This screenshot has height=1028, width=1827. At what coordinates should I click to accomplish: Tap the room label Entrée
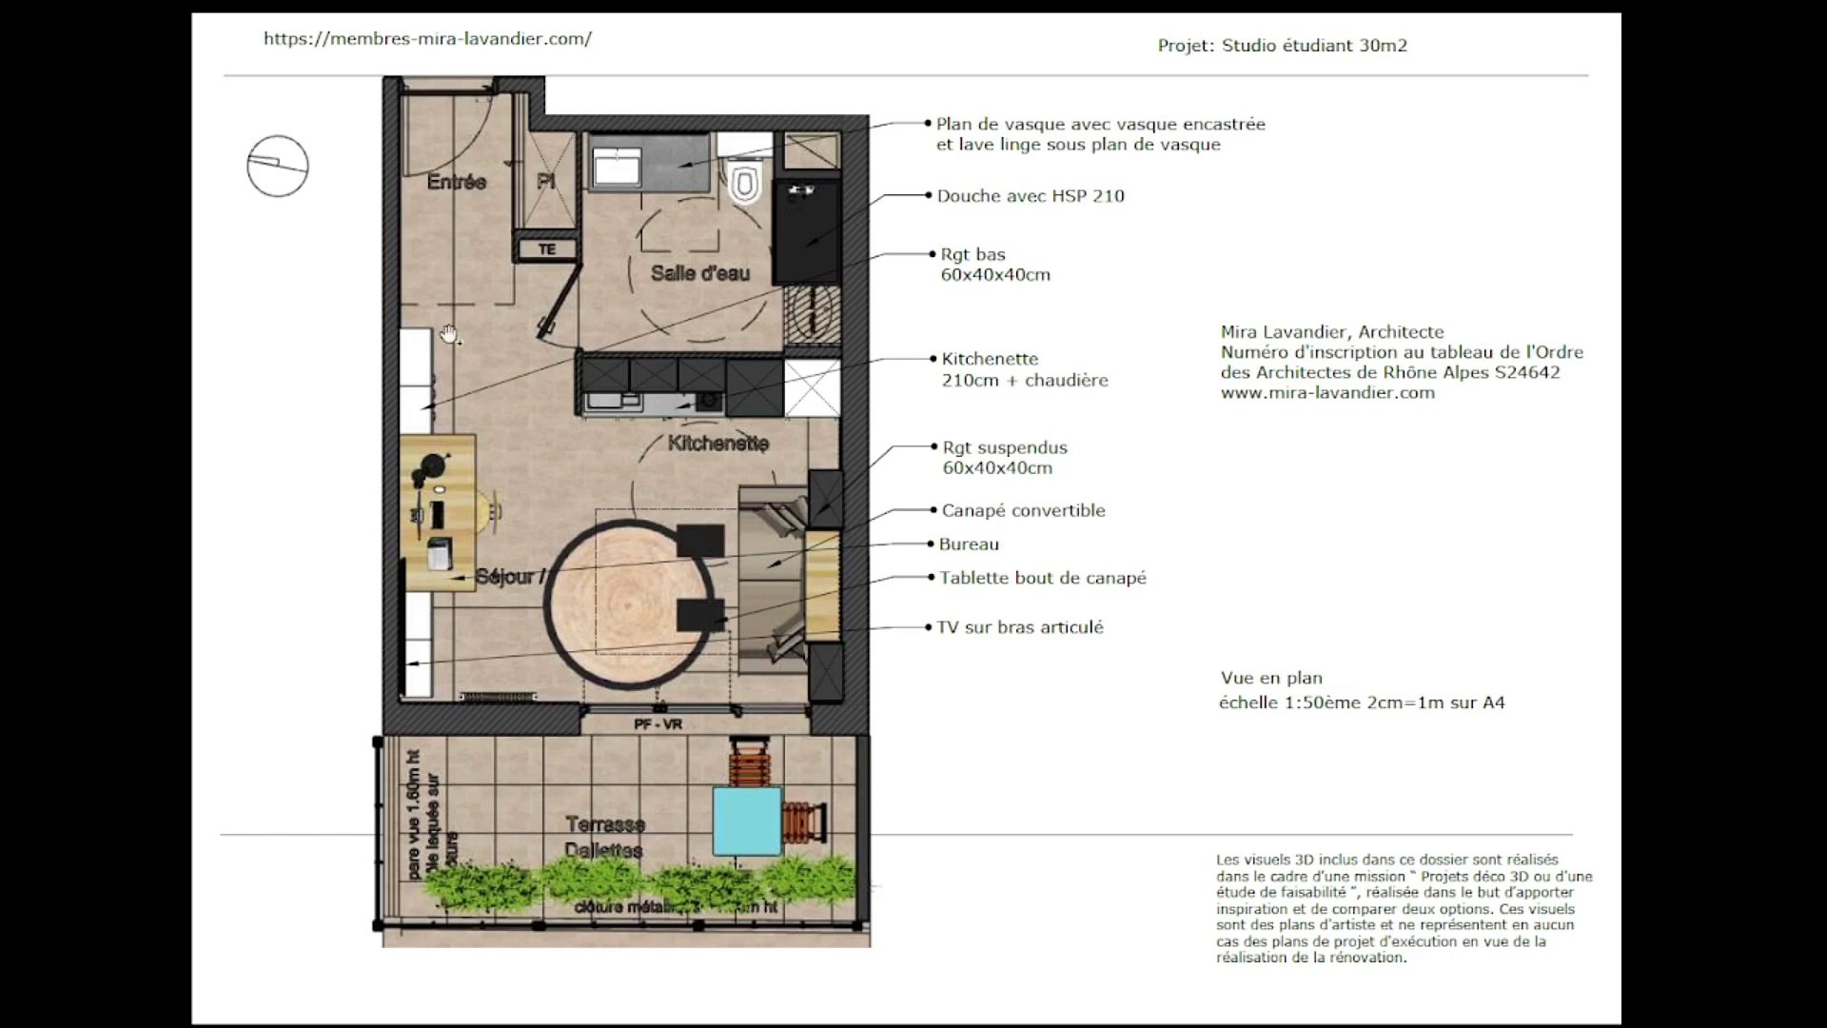tap(457, 182)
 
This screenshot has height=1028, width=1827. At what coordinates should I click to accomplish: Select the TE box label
tap(547, 249)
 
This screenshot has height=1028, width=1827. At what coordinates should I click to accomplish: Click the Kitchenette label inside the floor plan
tap(718, 444)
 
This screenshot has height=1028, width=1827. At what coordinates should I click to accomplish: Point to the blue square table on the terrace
tap(748, 821)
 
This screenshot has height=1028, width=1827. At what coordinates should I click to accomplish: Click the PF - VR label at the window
tap(658, 724)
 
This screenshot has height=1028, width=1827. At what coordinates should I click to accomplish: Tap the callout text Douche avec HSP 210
tap(1031, 196)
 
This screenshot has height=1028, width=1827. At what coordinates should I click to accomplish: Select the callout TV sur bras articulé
tap(1020, 627)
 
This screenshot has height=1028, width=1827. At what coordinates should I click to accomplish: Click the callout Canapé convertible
tap(1023, 510)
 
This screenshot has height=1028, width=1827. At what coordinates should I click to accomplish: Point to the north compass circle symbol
tap(278, 167)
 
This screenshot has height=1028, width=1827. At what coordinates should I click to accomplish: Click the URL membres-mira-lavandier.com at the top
tap(427, 39)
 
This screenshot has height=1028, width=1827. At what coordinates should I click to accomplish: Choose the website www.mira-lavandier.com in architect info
tap(1327, 392)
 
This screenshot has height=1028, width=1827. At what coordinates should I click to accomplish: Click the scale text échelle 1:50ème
tap(1362, 703)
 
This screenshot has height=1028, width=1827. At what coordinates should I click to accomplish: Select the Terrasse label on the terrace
tap(605, 824)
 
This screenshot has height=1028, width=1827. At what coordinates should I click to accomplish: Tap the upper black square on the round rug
tap(701, 541)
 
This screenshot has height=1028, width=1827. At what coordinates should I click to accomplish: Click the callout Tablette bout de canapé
tap(1043, 578)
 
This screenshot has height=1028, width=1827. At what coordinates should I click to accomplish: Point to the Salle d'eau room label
tap(700, 273)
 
